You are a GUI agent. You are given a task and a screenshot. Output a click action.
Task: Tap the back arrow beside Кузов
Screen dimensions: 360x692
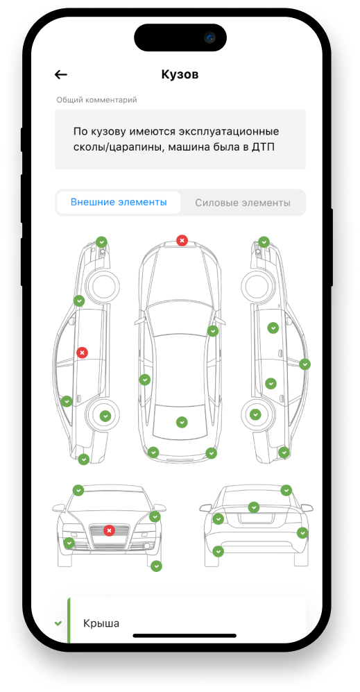tap(61, 74)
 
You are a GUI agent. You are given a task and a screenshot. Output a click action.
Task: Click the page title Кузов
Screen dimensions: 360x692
tap(180, 74)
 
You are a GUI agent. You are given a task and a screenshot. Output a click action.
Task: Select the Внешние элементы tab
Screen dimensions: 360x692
tap(119, 203)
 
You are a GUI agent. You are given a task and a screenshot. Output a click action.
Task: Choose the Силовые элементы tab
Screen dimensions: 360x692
tap(243, 203)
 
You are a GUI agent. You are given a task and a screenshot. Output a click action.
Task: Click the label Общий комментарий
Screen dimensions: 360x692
tap(96, 100)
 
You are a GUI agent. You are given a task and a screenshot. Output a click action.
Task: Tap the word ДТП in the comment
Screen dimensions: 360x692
tap(263, 146)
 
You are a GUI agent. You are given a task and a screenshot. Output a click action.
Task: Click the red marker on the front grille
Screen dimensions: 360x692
tap(109, 530)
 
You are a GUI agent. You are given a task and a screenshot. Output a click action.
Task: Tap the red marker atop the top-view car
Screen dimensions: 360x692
tap(182, 241)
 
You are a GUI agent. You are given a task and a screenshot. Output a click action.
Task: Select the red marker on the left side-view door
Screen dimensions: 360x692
tap(82, 352)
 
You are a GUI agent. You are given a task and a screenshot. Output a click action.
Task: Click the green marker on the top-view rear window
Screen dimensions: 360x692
tap(182, 423)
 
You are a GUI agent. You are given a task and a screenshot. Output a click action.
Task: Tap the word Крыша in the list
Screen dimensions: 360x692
tap(101, 623)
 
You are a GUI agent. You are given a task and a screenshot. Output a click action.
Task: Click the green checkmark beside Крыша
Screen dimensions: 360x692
tap(58, 623)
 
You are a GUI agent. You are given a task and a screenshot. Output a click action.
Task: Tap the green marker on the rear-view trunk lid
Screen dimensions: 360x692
tap(253, 507)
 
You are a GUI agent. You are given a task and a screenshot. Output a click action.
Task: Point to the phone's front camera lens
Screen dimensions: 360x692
tap(209, 38)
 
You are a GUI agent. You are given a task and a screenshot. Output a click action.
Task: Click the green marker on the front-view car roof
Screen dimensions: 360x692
tap(78, 490)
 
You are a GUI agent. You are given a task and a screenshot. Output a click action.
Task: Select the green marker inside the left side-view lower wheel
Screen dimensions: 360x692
tap(105, 416)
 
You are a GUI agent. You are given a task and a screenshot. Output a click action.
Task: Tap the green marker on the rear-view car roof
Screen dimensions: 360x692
tap(286, 490)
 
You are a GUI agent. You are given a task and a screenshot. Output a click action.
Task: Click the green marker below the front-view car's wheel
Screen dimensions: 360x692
tap(156, 566)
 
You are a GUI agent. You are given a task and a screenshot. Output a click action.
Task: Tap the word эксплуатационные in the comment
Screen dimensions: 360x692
tap(229, 132)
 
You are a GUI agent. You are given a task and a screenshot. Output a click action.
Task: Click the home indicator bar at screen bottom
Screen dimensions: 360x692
tap(185, 636)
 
